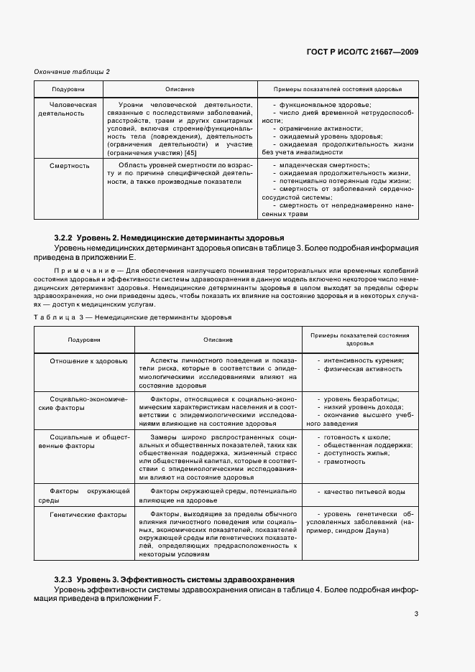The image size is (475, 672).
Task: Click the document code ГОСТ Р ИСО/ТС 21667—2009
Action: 363,52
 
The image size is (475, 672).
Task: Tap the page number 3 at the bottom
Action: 416,614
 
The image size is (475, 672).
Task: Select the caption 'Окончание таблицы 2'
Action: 72,71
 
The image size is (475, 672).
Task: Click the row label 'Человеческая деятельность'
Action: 68,108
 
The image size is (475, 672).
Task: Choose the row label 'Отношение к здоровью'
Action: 88,360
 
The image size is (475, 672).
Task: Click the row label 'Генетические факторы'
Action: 88,515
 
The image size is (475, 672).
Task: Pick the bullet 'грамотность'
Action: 345,462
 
